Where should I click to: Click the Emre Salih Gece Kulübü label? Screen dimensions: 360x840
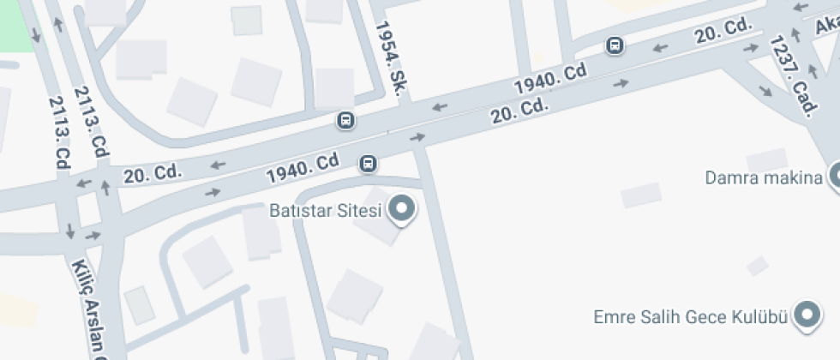[690, 316]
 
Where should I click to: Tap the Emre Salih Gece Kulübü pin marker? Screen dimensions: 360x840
[807, 315]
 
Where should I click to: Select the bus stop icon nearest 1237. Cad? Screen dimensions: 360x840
[615, 45]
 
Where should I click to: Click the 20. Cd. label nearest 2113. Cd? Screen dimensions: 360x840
[153, 174]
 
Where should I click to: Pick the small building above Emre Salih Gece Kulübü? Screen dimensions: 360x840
[757, 267]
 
